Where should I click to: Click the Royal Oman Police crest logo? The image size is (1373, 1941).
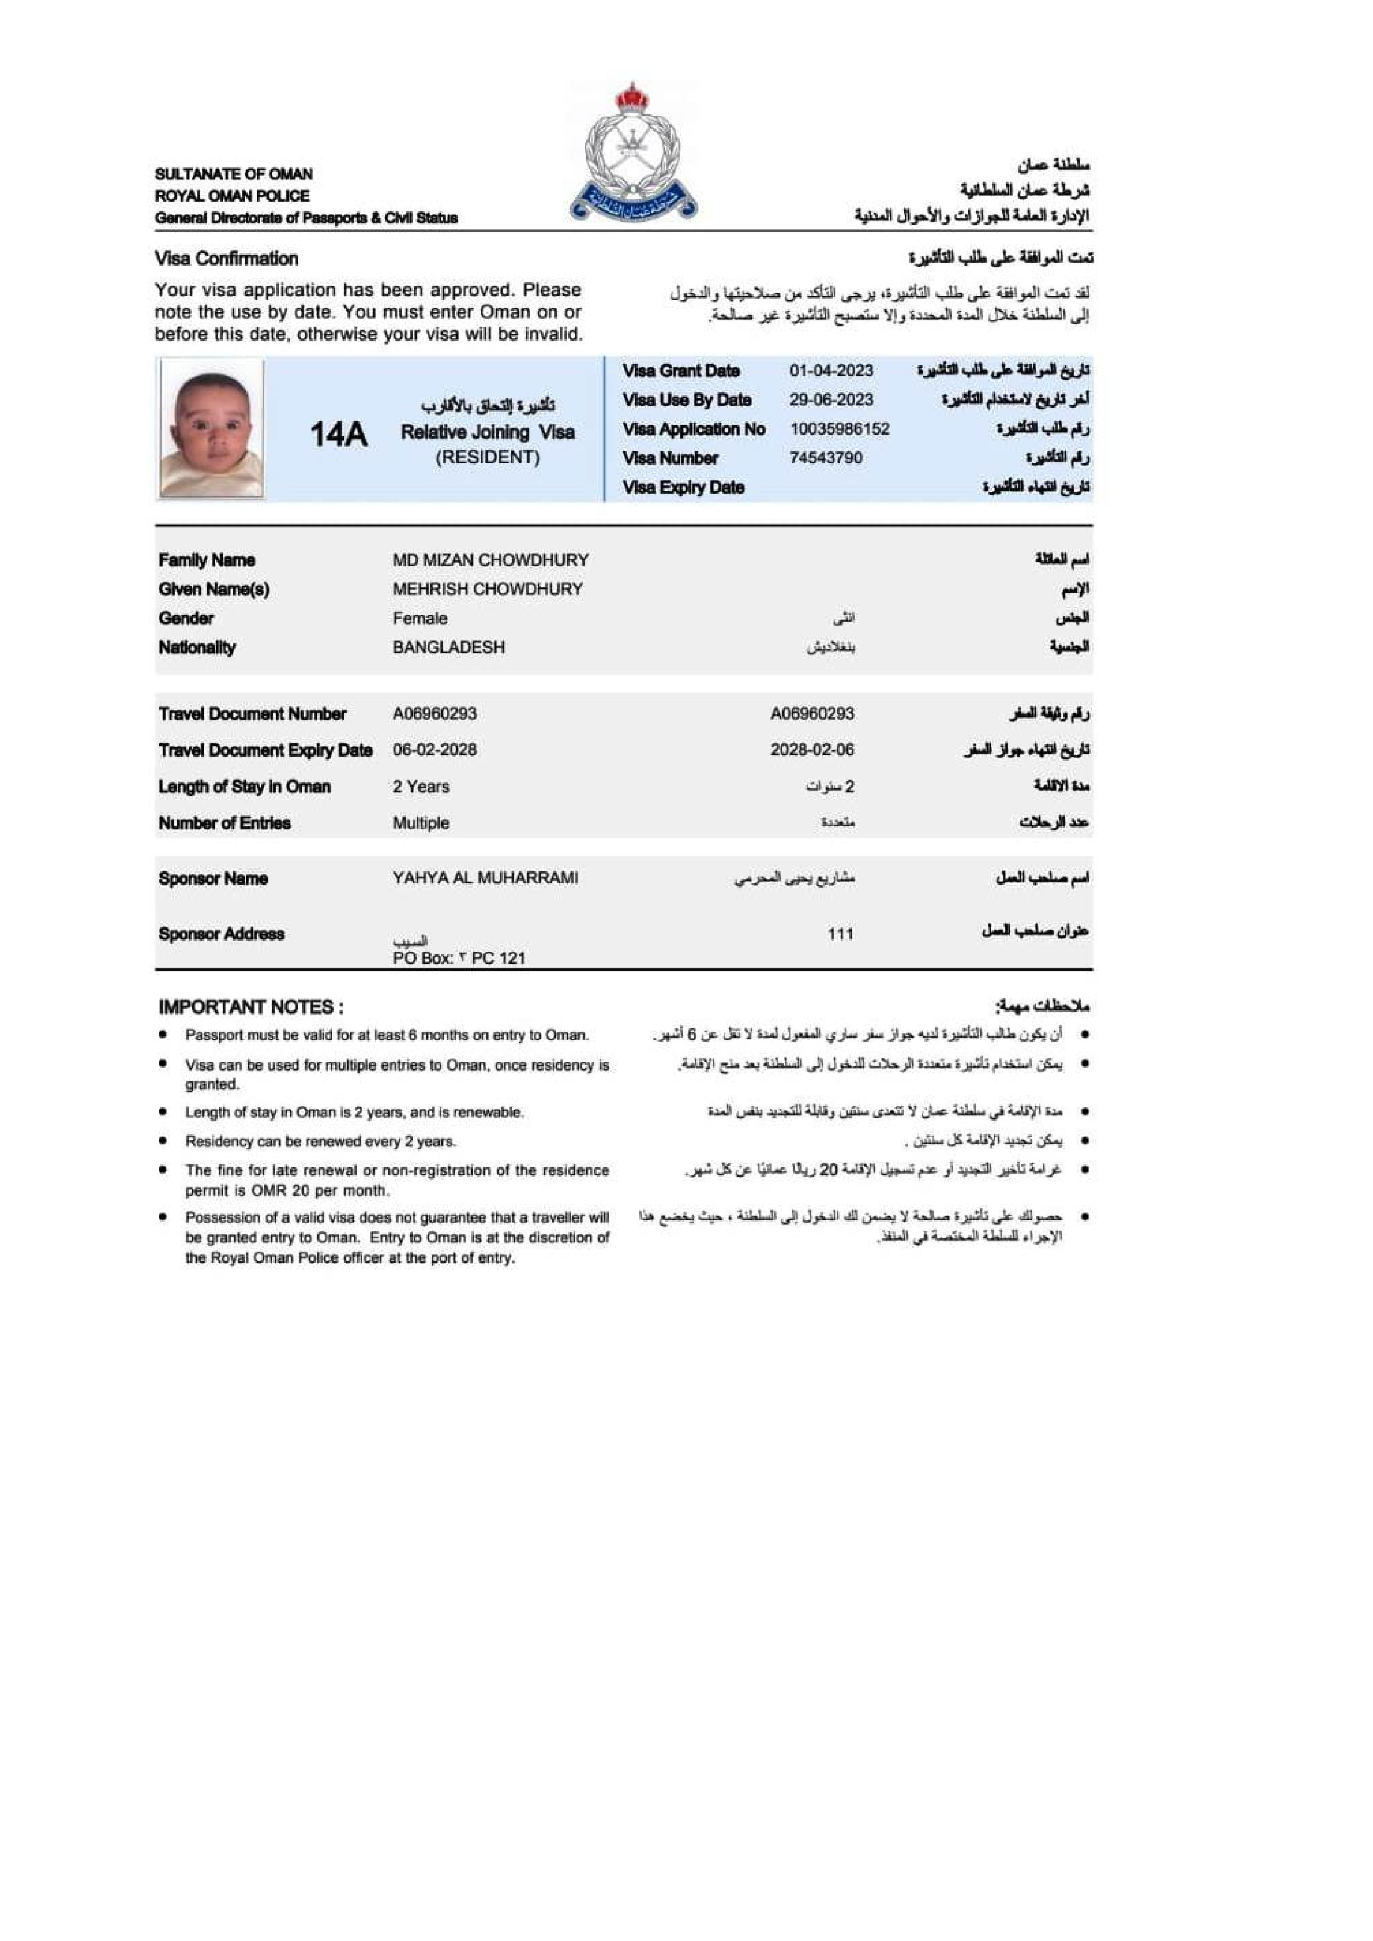tap(633, 153)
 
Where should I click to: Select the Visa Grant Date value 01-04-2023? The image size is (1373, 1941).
tap(831, 370)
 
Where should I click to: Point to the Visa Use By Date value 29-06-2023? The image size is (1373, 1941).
tap(831, 400)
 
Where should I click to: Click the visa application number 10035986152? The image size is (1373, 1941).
tap(840, 429)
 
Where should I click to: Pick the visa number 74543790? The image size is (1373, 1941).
tap(826, 457)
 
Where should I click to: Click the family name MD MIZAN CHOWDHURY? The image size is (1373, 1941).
tap(491, 560)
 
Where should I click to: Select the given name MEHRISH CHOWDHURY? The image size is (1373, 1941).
tap(488, 588)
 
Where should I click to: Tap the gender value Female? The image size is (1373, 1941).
tap(420, 618)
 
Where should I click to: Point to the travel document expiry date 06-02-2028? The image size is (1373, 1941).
tap(435, 750)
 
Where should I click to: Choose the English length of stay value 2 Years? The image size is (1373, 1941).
tap(421, 786)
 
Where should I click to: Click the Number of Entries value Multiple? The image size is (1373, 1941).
tap(421, 823)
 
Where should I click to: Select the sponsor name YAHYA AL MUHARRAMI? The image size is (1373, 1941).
tap(485, 878)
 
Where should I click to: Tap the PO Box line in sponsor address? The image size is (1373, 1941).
tap(459, 958)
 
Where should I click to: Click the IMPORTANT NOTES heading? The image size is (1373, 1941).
tap(251, 1007)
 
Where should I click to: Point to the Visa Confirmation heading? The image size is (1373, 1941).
tap(227, 259)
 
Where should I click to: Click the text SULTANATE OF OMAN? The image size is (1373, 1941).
tap(234, 174)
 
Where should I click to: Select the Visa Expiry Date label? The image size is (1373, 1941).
tap(683, 487)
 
